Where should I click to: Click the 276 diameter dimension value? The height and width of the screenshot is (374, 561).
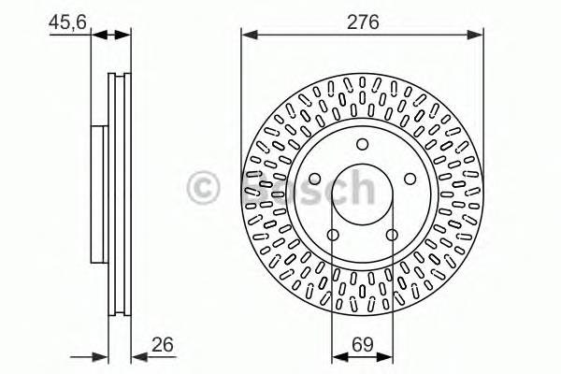coord(363,22)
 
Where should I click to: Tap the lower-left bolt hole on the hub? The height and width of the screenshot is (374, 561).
coord(334,234)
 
